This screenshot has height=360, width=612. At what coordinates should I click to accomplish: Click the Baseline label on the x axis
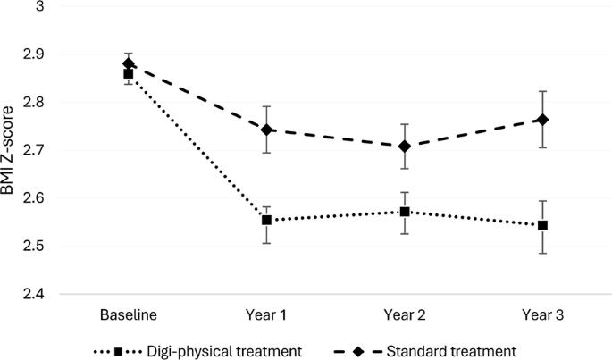[x=129, y=314]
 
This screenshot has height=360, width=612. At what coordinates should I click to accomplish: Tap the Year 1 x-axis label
[x=266, y=314]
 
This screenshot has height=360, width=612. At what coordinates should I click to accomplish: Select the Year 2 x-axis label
[x=405, y=314]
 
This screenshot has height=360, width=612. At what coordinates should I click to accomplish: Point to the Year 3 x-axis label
[x=543, y=314]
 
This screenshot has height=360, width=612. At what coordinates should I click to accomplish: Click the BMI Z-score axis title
[x=7, y=150]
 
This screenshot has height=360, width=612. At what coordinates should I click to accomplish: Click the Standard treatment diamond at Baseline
[x=129, y=63]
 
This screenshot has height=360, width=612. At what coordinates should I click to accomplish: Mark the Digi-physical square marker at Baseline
[x=129, y=74]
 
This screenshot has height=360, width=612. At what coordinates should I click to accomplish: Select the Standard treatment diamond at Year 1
[x=266, y=130]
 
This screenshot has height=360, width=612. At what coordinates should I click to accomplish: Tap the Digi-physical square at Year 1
[x=266, y=221]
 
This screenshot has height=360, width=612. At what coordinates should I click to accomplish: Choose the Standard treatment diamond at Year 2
[x=405, y=147]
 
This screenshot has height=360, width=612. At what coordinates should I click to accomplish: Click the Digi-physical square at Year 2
[x=405, y=212]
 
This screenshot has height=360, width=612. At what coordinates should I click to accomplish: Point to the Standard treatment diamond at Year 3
[x=542, y=120]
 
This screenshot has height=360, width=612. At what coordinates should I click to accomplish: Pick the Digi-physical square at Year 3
[x=542, y=225]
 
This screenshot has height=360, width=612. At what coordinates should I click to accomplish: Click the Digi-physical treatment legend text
[x=224, y=351]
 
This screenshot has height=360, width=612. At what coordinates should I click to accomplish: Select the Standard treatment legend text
[x=451, y=351]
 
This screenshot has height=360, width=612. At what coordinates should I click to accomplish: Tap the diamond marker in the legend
[x=358, y=351]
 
